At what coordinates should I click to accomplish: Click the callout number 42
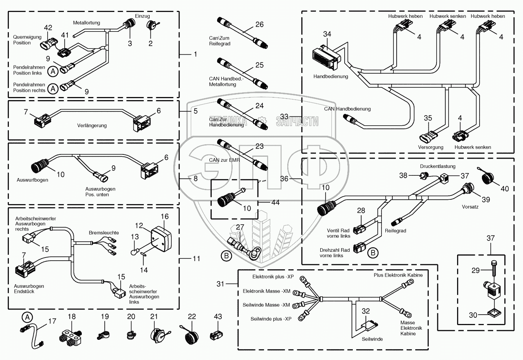tap(48, 28)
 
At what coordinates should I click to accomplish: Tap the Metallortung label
tap(86, 23)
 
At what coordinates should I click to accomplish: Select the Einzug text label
tap(142, 16)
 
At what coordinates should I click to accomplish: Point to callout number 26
tap(259, 24)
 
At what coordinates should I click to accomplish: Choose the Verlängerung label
tap(92, 126)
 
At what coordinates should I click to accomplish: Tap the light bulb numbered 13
tap(134, 252)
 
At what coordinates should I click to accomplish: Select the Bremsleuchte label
tap(104, 233)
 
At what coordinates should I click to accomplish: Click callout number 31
tap(220, 284)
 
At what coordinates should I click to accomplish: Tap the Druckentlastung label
tap(438, 166)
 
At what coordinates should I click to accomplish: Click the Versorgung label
tap(430, 147)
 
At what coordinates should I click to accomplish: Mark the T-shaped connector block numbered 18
tap(71, 335)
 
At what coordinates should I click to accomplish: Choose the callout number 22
tap(192, 317)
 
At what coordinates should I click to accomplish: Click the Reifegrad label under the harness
tap(395, 231)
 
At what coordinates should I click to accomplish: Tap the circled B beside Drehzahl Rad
tap(373, 253)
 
